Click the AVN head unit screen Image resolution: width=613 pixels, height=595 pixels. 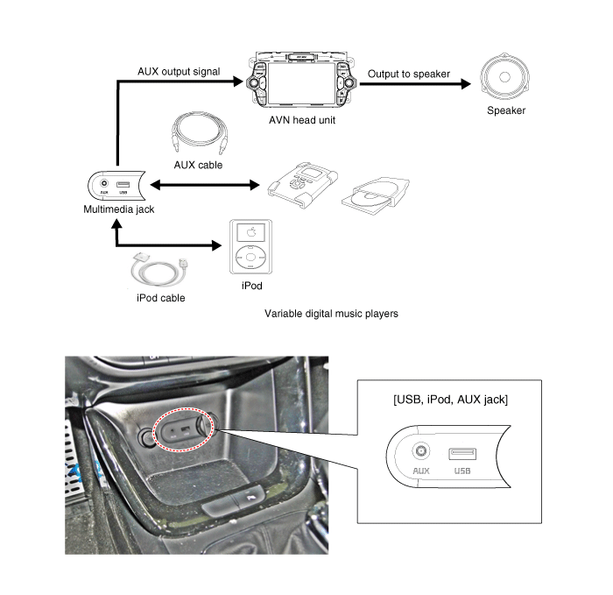301,83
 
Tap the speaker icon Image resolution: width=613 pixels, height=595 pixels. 504,76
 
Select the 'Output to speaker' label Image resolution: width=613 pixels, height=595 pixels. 409,74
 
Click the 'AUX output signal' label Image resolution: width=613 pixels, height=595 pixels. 179,72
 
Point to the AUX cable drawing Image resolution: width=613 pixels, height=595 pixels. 199,132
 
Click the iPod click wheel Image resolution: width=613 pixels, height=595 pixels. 251,257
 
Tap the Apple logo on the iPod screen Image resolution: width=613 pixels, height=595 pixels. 251,232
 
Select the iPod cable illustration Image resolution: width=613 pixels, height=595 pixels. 160,270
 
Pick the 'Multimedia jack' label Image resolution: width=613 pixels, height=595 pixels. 119,209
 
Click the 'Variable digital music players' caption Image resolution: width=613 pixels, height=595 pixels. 331,314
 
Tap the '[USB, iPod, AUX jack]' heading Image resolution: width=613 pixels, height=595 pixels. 450,400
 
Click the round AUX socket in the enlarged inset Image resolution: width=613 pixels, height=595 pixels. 420,451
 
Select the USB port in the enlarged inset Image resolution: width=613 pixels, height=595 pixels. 462,454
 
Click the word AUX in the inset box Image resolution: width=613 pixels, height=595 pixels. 421,471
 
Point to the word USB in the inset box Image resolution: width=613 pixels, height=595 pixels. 462,471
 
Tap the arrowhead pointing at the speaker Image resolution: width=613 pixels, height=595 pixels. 466,84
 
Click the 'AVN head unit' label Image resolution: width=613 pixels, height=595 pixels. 302,120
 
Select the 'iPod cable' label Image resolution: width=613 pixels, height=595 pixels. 160,298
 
